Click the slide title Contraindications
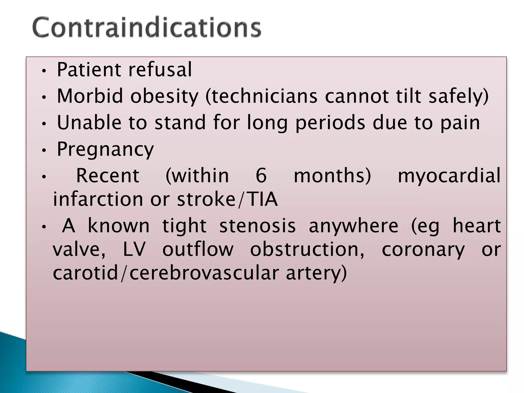coord(147,28)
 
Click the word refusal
coord(160,70)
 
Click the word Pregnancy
coord(105,149)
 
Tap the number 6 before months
coord(261,176)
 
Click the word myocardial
coord(449,176)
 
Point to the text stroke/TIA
coord(227,200)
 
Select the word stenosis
coord(257,226)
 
